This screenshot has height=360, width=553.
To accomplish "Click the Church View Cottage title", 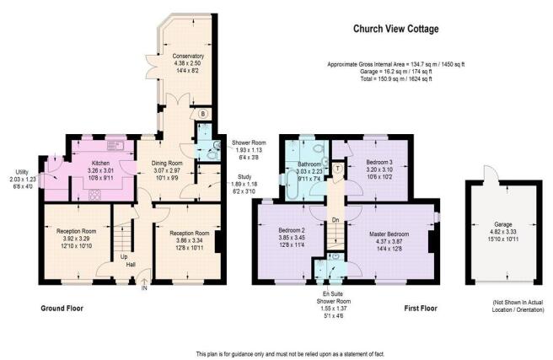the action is coord(395,29).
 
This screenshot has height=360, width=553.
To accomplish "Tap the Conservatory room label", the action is coord(188,56).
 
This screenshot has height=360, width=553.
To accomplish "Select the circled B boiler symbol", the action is coord(203,114).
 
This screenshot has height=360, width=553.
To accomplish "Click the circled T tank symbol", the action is coord(338,169).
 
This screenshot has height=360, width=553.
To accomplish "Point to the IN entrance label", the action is coord(144,288).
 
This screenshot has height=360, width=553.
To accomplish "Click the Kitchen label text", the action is coord(100,164).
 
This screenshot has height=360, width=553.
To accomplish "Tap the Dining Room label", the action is coord(167,164).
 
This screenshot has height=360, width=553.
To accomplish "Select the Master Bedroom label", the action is coord(389,234).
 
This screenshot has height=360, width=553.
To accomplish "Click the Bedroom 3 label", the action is coord(379,163).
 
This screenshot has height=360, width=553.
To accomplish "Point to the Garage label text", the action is coord(503,224).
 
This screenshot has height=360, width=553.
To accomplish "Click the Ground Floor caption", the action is coord(62,309).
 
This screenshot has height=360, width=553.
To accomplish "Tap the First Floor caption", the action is coord(421,309).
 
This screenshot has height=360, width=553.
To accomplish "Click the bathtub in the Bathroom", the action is coord(292,185).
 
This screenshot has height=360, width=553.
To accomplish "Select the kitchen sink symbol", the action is coord(115,144).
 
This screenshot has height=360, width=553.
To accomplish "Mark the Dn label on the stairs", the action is coord(336,220).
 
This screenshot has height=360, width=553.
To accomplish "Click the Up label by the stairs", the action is coord(124,256).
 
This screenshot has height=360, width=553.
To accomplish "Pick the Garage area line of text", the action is coord(396,72).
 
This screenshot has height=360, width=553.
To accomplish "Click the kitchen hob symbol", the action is coord(94,194).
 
